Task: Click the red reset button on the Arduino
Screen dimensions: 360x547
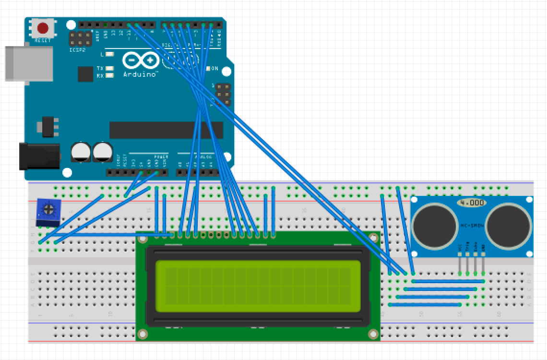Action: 43,28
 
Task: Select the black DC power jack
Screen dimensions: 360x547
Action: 38,156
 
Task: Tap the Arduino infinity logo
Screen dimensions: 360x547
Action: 140,61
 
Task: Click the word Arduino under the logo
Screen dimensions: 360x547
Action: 140,74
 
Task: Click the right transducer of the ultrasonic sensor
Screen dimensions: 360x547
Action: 509,225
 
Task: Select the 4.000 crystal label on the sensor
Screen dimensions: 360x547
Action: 471,203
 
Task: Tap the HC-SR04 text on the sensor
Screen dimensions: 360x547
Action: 471,225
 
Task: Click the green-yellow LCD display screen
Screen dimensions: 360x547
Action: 258,286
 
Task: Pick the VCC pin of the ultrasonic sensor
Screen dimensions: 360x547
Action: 460,264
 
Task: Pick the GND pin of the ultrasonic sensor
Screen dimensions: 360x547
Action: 483,264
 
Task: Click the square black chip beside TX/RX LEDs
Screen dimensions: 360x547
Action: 85,74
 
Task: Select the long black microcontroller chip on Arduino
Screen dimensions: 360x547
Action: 166,130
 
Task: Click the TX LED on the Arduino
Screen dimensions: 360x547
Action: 110,69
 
